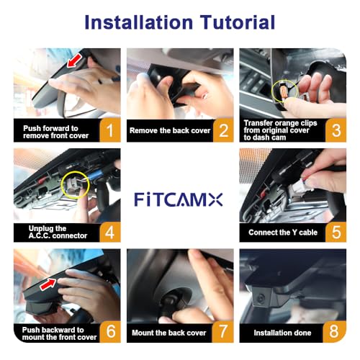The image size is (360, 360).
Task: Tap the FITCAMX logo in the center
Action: point(180,199)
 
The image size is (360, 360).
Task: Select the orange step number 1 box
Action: point(110,130)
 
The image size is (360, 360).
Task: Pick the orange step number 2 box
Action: point(223,130)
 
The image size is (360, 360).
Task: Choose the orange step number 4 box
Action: point(110,232)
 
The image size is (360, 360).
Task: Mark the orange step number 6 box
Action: point(110,333)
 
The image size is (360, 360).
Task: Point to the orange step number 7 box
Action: point(223,333)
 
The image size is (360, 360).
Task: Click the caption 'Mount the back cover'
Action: point(168,333)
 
